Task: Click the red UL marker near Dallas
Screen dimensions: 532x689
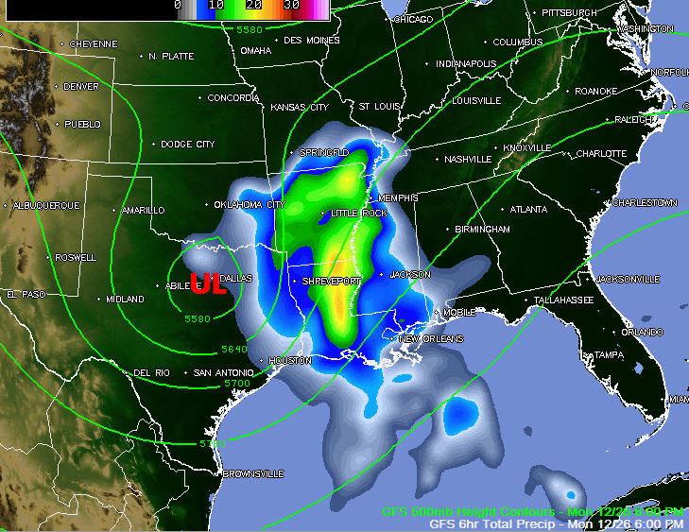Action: tap(208, 283)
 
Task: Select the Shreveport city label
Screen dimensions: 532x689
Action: tap(331, 282)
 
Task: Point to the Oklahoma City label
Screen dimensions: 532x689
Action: tap(250, 204)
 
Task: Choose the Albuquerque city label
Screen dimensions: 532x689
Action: tap(46, 205)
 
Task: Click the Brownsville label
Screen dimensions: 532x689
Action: tap(253, 473)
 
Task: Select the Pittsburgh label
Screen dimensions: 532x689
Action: tap(569, 13)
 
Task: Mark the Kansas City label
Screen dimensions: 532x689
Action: tap(300, 108)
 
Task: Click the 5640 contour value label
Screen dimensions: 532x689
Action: tap(234, 350)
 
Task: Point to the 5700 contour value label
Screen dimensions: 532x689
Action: tap(236, 383)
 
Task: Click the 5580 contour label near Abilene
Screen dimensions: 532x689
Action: tap(197, 318)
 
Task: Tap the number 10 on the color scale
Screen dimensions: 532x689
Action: tap(216, 5)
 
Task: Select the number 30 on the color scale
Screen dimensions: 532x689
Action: tap(292, 5)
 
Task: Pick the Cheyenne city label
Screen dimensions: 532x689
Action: tap(94, 44)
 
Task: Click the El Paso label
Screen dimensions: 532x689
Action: tap(26, 295)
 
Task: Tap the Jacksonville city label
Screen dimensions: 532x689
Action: tap(629, 280)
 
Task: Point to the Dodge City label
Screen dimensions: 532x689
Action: tap(188, 145)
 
